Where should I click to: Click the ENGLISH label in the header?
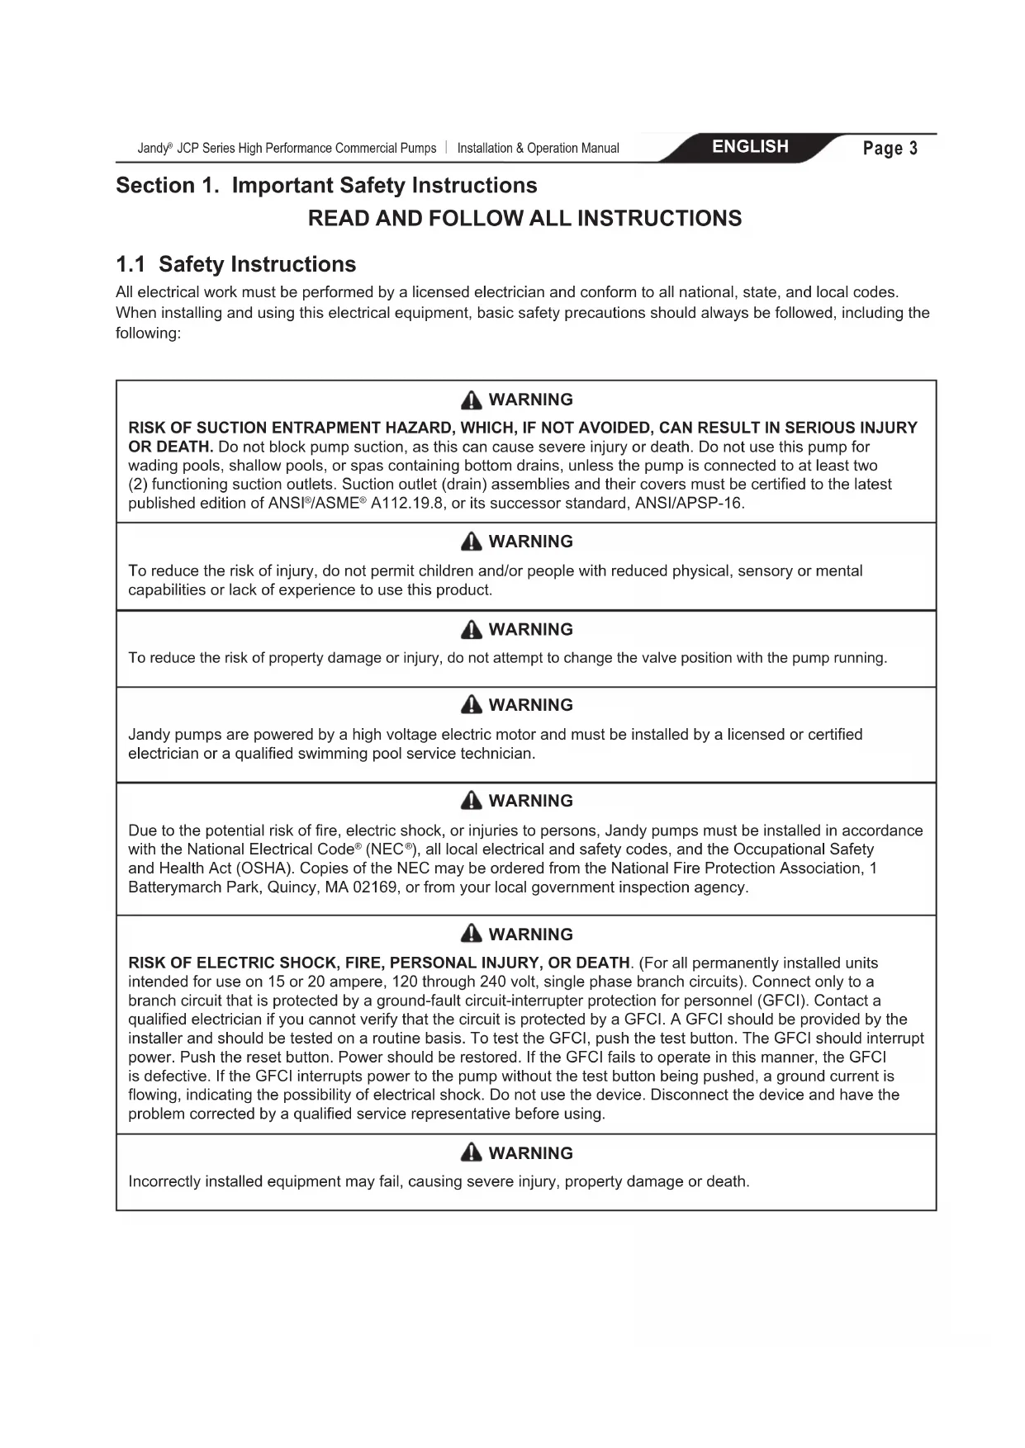[750, 147]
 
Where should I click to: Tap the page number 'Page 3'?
[890, 149]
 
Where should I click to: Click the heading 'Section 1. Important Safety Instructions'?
[326, 186]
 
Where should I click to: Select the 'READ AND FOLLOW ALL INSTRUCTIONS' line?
[524, 219]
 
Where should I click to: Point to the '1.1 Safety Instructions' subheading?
[236, 264]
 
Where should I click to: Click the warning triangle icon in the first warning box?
[471, 400]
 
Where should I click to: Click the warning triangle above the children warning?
[471, 542]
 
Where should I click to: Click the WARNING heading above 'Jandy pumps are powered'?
[530, 705]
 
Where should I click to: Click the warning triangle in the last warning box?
[471, 1153]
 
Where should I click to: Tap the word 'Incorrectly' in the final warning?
[164, 1181]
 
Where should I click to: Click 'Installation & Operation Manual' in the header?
[538, 149]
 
